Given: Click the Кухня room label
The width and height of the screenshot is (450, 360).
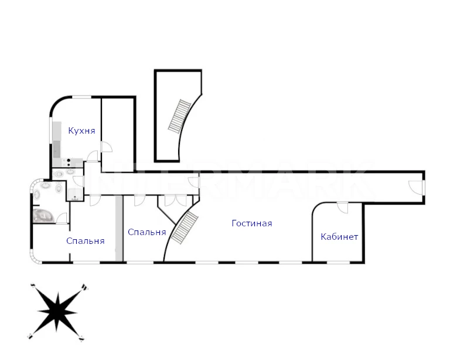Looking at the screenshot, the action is click(x=81, y=131).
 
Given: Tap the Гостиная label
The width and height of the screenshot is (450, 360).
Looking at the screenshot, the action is click(x=252, y=223).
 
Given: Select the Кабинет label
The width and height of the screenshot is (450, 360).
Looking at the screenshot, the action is click(x=339, y=237).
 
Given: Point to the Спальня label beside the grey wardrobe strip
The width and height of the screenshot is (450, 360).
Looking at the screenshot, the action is click(x=85, y=241).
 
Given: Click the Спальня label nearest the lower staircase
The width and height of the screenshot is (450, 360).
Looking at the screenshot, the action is click(x=147, y=232).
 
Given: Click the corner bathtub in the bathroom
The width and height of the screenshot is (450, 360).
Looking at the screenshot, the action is click(x=43, y=216).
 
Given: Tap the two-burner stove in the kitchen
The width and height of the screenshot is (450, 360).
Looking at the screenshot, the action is click(x=69, y=162).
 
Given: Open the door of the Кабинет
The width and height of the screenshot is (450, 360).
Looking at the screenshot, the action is click(x=342, y=208).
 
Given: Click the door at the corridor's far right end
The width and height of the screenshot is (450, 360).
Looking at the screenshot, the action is click(x=415, y=187).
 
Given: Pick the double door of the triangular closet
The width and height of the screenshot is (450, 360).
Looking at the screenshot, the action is click(x=176, y=201).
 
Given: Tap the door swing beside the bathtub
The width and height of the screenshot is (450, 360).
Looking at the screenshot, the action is click(x=62, y=218).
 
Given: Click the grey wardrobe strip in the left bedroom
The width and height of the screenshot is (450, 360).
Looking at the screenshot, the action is click(x=119, y=229).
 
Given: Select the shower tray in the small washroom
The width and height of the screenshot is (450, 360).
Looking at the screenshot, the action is click(x=75, y=194).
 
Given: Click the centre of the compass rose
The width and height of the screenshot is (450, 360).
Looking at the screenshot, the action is click(x=57, y=312).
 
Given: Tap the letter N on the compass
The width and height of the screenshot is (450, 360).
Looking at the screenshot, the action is click(x=84, y=287).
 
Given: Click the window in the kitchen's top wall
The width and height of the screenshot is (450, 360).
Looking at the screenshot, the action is click(x=81, y=97).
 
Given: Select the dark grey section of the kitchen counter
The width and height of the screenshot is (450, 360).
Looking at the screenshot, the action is click(x=57, y=149).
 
